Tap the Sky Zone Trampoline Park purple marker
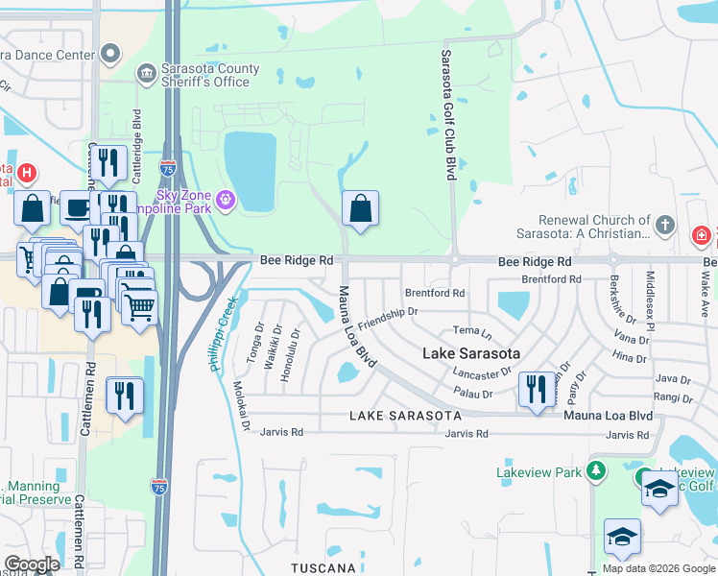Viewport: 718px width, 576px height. pos(226,199)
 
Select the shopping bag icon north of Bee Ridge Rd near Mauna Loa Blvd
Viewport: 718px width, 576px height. pos(360,209)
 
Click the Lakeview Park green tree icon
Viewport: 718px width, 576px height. pos(596,470)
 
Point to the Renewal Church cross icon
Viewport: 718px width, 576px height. pos(664,228)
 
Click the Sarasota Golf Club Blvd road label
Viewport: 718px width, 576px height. pos(447,115)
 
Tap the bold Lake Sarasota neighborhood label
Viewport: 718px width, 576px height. pos(471,353)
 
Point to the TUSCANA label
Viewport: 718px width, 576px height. pos(325,568)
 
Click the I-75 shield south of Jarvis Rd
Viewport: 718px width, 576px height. pos(160,488)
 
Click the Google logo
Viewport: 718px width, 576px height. pos(32,564)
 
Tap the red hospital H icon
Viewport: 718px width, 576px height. pos(27,174)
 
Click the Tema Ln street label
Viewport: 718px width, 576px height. pos(471,332)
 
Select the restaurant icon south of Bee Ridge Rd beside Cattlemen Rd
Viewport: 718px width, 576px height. pos(125,396)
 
